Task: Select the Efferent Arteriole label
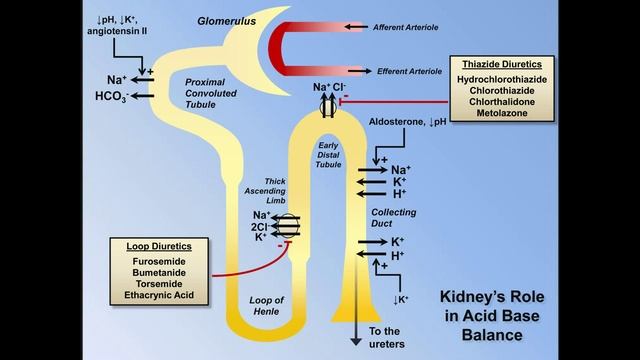(410, 72)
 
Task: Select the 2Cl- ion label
(261, 226)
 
